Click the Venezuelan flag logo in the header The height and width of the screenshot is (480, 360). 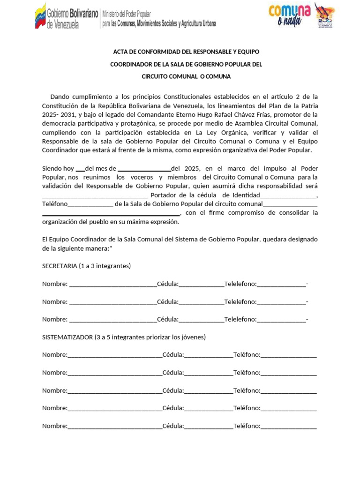(40, 16)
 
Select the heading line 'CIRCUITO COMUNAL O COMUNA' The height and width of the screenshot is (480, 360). (187, 76)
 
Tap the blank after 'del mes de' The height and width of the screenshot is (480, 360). (144, 169)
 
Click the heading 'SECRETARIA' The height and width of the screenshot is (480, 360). (60, 266)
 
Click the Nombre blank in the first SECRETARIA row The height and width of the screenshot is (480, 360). (112, 284)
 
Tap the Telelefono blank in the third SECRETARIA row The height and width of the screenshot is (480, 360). (281, 320)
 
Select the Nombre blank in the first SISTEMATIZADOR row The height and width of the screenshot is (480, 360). (115, 355)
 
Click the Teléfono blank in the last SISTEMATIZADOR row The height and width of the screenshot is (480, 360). (288, 426)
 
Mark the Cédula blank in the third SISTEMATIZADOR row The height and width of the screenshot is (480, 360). (209, 390)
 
